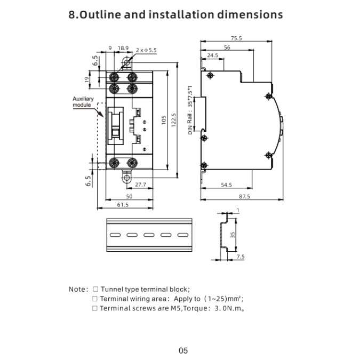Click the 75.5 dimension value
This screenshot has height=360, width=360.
click(x=236, y=38)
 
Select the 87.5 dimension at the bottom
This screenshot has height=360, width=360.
click(x=244, y=196)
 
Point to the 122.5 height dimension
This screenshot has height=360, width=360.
click(x=173, y=120)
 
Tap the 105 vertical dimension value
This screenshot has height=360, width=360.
click(x=164, y=120)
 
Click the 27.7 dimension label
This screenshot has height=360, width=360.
click(x=140, y=185)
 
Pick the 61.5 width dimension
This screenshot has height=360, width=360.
click(x=123, y=205)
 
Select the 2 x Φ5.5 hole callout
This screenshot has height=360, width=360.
click(x=146, y=50)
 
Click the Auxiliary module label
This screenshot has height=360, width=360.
click(x=83, y=102)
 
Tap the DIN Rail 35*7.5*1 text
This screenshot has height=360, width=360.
click(x=190, y=110)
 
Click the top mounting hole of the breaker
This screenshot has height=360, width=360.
click(x=126, y=62)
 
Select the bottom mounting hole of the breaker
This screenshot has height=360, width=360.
click(x=126, y=178)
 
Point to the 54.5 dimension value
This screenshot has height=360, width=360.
click(x=226, y=185)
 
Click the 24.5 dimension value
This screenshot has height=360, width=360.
click(x=213, y=55)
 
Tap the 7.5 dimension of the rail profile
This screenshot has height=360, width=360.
click(x=241, y=257)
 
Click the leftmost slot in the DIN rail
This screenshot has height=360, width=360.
click(x=115, y=235)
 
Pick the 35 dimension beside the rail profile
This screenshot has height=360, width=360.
click(x=233, y=235)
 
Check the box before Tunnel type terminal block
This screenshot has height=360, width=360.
click(x=95, y=289)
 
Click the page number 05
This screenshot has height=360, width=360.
click(x=183, y=350)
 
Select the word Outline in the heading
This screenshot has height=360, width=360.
click(x=101, y=14)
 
